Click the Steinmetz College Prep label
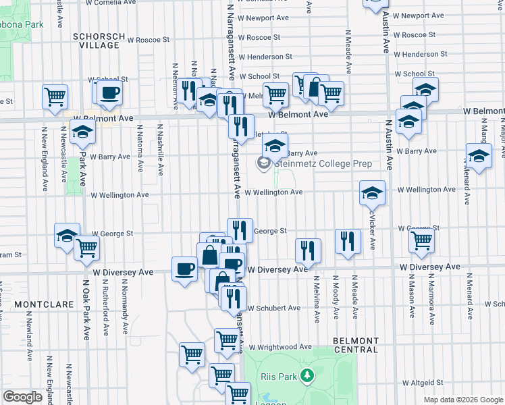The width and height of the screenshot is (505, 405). (314, 164)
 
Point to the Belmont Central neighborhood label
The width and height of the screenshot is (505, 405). (356, 345)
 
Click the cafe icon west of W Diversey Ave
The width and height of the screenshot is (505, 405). (184, 270)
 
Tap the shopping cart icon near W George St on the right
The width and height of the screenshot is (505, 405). (421, 240)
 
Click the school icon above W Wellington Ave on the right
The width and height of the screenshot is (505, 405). (372, 194)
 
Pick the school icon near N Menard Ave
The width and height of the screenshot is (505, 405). (479, 156)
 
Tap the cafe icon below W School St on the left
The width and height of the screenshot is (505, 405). (109, 93)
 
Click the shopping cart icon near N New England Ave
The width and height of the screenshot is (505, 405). (55, 96)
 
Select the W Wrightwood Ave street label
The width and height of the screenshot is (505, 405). (283, 347)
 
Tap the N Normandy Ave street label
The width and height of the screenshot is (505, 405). (124, 314)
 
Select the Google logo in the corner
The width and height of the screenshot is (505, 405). (22, 397)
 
